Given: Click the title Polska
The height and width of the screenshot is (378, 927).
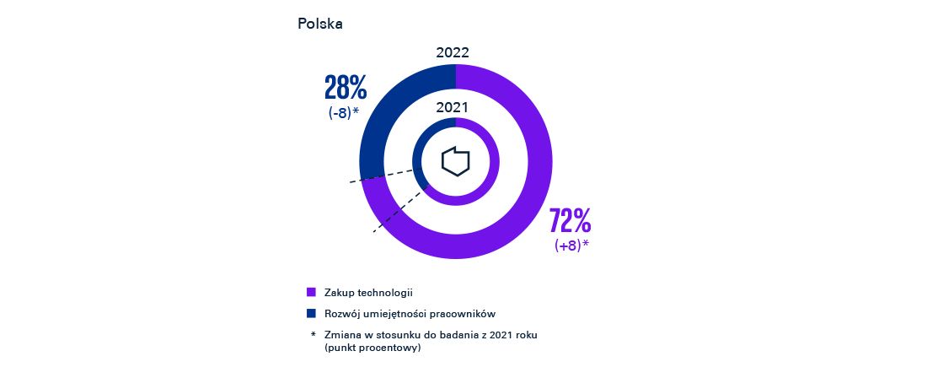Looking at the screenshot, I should (319, 24).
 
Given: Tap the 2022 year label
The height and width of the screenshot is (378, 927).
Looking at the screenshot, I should (453, 52).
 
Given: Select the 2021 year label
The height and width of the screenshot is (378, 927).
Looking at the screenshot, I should (453, 107).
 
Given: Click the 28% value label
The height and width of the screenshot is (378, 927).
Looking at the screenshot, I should (346, 89).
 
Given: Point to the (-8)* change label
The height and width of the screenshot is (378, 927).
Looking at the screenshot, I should (344, 112).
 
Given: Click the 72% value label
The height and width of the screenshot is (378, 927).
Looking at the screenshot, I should (570, 221).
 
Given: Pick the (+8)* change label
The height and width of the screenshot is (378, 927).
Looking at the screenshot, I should (571, 246).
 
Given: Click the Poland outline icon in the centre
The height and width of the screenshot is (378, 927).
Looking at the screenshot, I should (455, 160).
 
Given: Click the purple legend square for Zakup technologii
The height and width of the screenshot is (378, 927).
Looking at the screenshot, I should (311, 292).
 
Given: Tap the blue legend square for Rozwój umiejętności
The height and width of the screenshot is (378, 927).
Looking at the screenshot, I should (311, 313).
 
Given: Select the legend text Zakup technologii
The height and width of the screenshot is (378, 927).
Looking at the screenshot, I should (368, 292).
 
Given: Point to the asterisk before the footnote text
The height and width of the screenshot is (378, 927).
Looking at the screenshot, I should (312, 335).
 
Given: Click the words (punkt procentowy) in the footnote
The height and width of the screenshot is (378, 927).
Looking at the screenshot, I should (372, 348).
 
